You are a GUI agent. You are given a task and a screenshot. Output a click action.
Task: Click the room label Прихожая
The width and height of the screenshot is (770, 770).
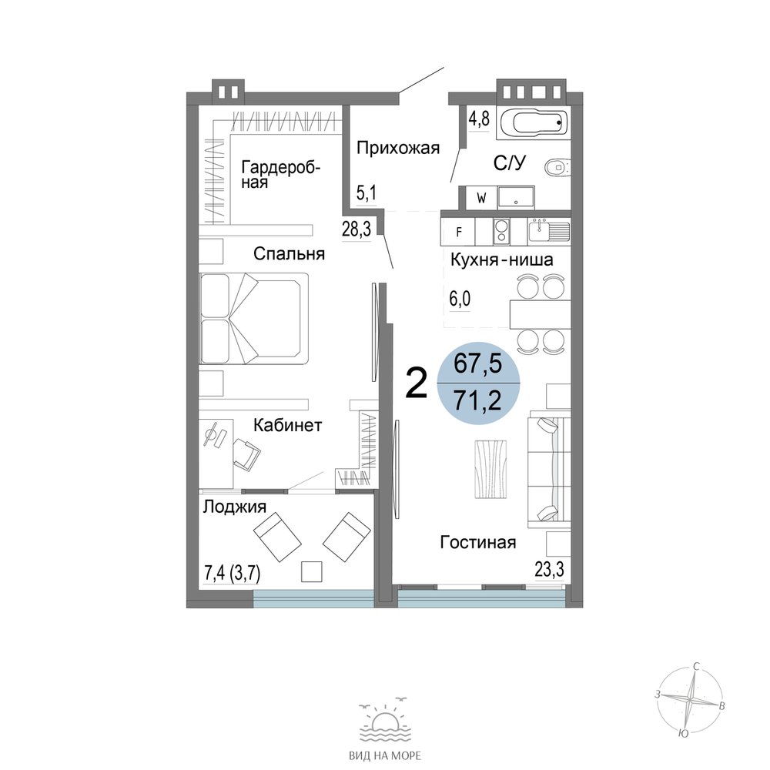point(398,148)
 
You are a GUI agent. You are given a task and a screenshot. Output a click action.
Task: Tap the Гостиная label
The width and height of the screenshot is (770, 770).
point(478,543)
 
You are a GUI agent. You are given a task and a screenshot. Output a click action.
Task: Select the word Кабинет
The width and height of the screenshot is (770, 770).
point(287,425)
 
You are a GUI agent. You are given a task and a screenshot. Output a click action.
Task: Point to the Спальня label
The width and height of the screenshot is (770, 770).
point(290,254)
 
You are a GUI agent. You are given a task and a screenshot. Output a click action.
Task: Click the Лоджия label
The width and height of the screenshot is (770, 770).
point(235,507)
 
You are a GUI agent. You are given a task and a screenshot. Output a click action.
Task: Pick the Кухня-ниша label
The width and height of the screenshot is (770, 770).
point(502,259)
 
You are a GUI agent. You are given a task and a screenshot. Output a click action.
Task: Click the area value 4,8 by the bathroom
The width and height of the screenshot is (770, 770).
point(479,119)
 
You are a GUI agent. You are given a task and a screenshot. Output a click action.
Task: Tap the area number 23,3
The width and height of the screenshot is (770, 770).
point(550,571)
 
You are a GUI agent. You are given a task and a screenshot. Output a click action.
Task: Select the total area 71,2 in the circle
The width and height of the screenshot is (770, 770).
point(477,401)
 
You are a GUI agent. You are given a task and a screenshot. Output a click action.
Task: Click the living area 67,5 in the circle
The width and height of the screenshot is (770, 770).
point(477,364)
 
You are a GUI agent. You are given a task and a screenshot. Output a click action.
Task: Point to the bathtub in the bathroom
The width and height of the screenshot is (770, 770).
point(534,122)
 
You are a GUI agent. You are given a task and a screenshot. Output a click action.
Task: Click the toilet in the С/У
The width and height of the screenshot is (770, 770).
point(557,167)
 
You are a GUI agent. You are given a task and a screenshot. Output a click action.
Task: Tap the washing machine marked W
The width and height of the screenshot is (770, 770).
point(482,199)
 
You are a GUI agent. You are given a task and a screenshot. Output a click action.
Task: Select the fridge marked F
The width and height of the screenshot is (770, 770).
point(459,232)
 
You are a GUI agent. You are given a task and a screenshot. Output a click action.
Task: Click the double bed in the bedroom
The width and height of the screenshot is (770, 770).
point(254,318)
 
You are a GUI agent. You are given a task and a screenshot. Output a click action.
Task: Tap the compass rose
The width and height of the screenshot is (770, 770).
point(690,698)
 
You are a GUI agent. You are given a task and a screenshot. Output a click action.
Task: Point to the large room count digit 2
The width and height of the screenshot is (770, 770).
point(417,385)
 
